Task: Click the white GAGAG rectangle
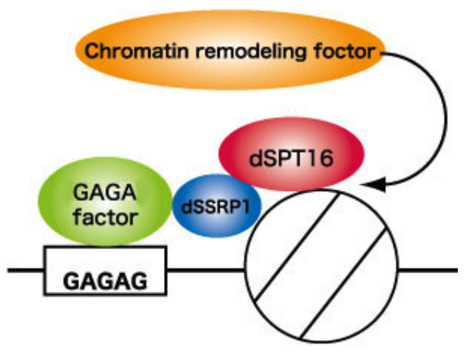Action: coord(105,271)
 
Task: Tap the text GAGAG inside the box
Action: coord(105,281)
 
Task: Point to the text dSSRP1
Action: coord(216,207)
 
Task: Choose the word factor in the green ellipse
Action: coord(104,216)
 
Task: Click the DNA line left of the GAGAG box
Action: coord(25,269)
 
